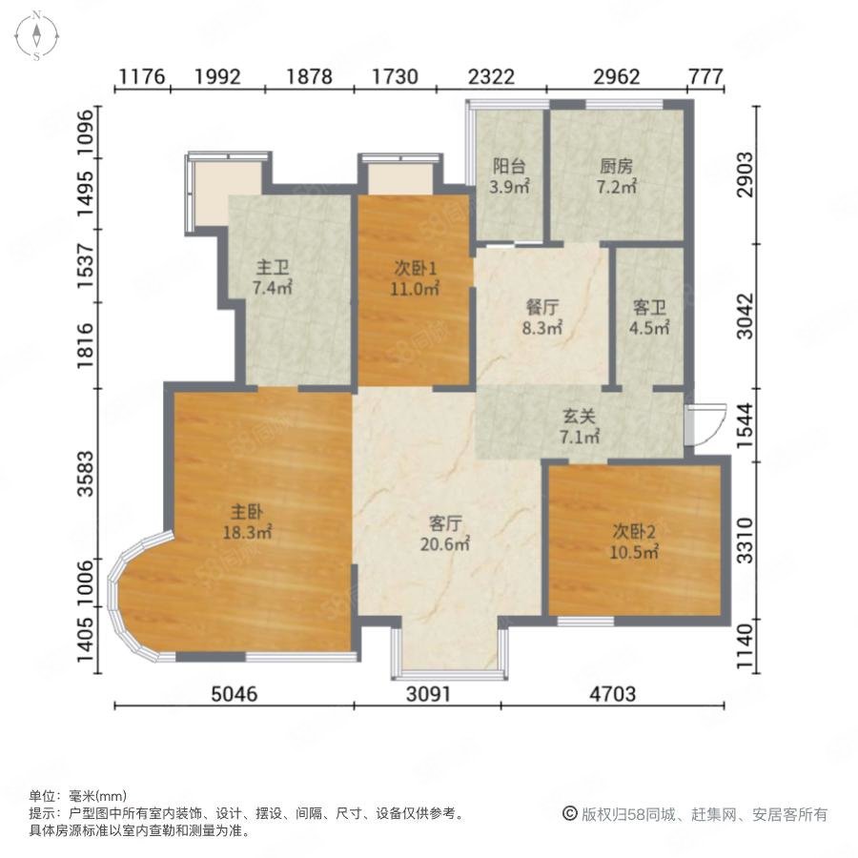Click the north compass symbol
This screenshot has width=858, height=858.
coord(36,35)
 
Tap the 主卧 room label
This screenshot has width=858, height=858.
coord(247,512)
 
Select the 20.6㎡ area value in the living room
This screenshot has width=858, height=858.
coord(445,544)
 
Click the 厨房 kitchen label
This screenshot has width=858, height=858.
coord(616,166)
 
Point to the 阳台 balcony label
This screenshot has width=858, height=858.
coord(509,166)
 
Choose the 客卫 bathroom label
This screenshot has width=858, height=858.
coord(649,308)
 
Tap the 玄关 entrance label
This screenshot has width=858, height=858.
coord(579,417)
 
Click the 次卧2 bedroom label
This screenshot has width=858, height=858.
coord(634,531)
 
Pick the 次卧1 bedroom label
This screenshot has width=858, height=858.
coord(416,268)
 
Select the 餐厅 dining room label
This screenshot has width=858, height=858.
coord(541,308)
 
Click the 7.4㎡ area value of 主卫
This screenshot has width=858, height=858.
coord(272,287)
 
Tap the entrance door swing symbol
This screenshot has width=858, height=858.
coord(705,424)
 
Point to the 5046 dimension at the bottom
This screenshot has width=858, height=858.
coord(235,694)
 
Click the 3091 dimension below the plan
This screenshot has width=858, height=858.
coord(428,694)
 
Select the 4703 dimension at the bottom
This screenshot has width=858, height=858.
coord(613,694)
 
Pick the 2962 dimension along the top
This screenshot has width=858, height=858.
coord(617,76)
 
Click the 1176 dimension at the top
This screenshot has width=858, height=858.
coord(142,76)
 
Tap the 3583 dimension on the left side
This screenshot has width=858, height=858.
coord(86,474)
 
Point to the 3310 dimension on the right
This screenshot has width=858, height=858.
coord(746,541)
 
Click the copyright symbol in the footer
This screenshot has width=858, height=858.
coord(570,814)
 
